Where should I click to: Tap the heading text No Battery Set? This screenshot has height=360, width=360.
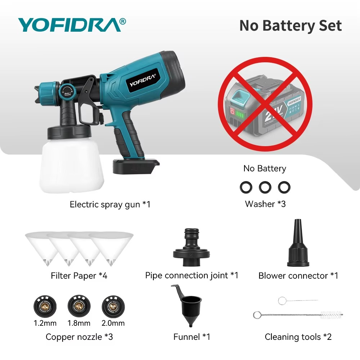pos(291,26)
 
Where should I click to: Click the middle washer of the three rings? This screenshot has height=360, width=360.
pos(265,187)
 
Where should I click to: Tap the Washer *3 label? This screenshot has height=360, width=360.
pos(265,204)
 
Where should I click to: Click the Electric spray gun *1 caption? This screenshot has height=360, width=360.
pos(110,204)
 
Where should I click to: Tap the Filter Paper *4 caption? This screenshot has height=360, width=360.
pos(79,276)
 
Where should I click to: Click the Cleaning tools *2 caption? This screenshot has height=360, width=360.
pos(298,337)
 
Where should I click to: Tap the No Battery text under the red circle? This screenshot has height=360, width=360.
pos(265,168)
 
